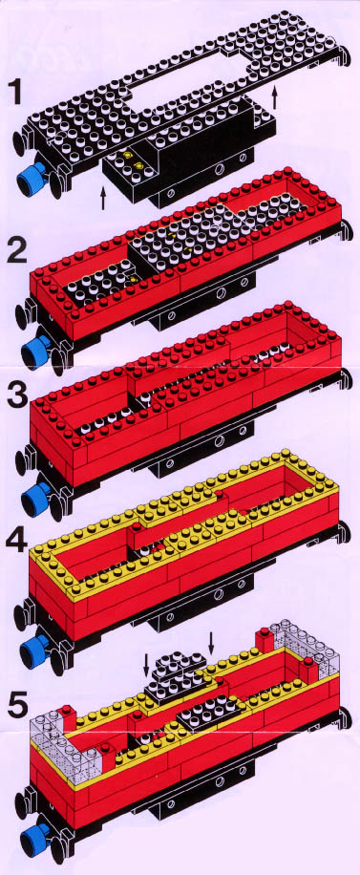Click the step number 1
[x=15, y=91]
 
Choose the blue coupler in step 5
[x=34, y=837]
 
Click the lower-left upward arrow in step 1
[x=103, y=198]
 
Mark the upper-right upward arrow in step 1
[x=274, y=98]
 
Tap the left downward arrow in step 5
[x=146, y=665]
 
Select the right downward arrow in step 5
[x=211, y=642]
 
